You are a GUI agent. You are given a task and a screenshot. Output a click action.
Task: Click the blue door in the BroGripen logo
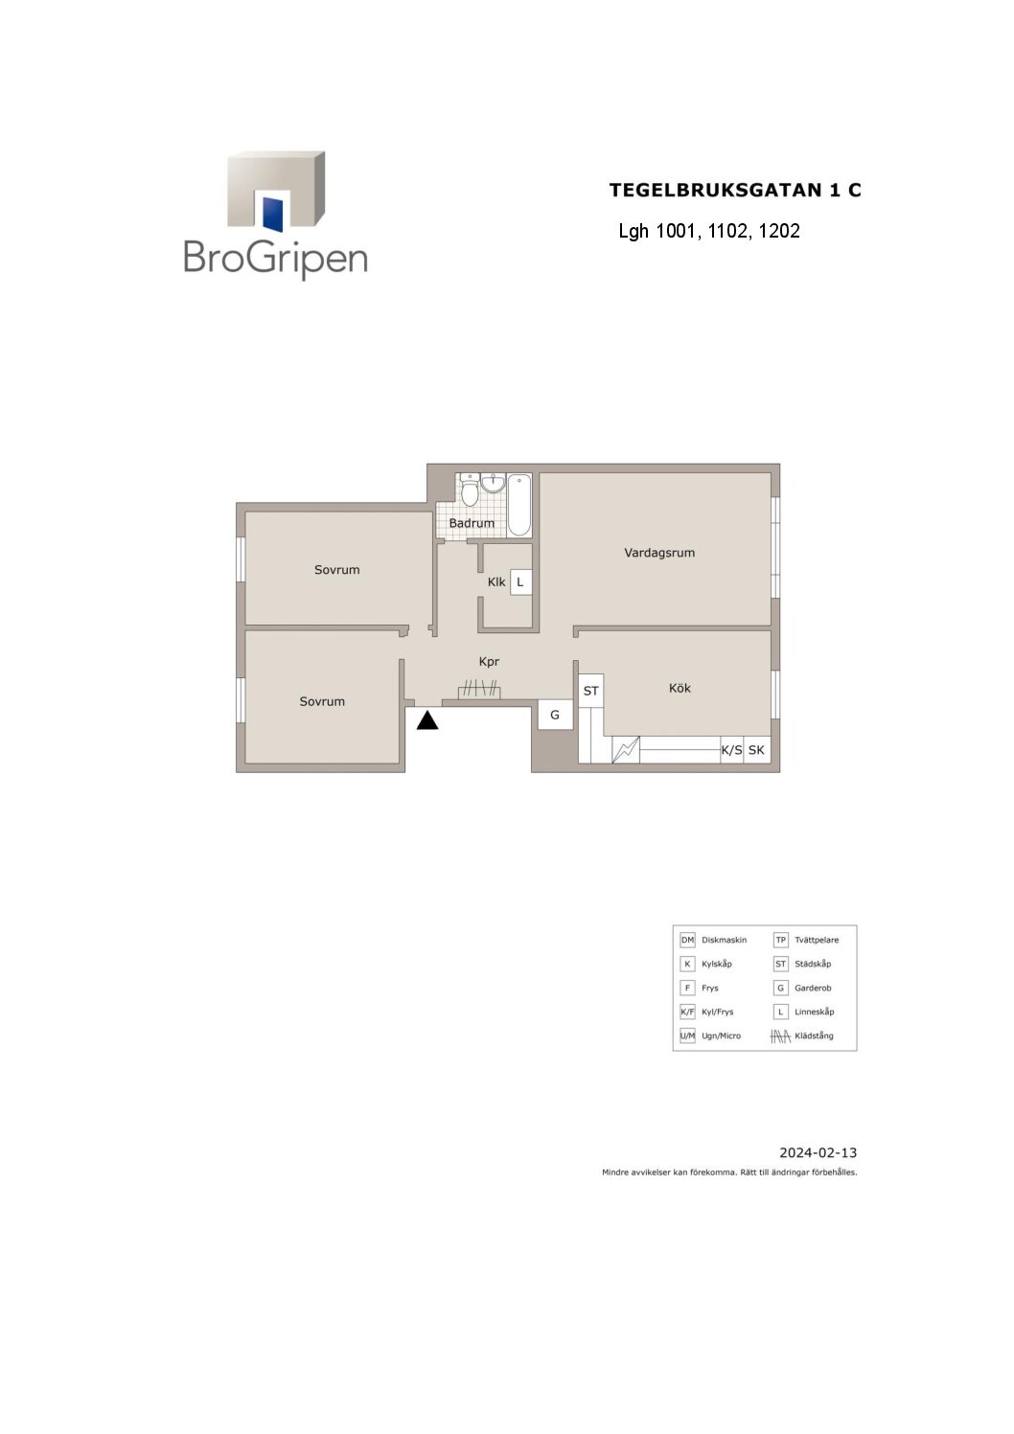coord(272,214)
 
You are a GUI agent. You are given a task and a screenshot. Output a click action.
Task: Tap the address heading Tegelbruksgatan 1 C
coord(735,190)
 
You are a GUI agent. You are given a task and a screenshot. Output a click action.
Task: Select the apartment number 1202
coord(779,231)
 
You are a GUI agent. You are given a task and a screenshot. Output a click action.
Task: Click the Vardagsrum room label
coord(659,553)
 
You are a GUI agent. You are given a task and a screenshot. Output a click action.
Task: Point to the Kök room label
coord(680,688)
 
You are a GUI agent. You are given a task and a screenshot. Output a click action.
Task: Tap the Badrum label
coord(472,523)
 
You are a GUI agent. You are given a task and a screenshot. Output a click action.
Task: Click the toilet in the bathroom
coord(470,490)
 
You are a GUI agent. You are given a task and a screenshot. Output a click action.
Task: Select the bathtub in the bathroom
coord(519,505)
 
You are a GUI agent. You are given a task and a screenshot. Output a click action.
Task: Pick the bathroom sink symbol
coord(493,484)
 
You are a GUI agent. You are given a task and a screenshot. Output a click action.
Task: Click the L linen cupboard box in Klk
coord(520,582)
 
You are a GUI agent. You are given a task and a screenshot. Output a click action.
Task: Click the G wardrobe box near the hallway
coord(555,715)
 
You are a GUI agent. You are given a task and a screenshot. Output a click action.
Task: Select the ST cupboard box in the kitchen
coord(590,691)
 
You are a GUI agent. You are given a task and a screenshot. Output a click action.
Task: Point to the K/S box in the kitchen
coord(731,750)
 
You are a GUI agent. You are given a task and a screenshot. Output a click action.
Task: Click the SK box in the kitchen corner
coord(756,750)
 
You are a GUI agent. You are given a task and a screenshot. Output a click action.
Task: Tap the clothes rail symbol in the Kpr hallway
coord(479,690)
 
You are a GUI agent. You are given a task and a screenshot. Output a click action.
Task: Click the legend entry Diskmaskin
coord(724,940)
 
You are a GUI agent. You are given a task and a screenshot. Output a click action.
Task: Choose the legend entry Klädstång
coord(814,1036)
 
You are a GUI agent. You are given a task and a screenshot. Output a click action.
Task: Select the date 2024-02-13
coord(818,1153)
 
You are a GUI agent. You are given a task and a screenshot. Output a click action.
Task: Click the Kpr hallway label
coord(489,662)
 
